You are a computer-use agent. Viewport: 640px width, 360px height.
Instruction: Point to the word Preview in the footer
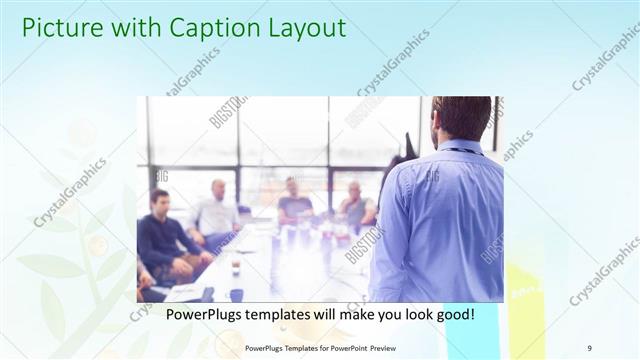(x=393, y=348)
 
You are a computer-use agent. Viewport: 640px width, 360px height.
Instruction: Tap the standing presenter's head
(x=461, y=119)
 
